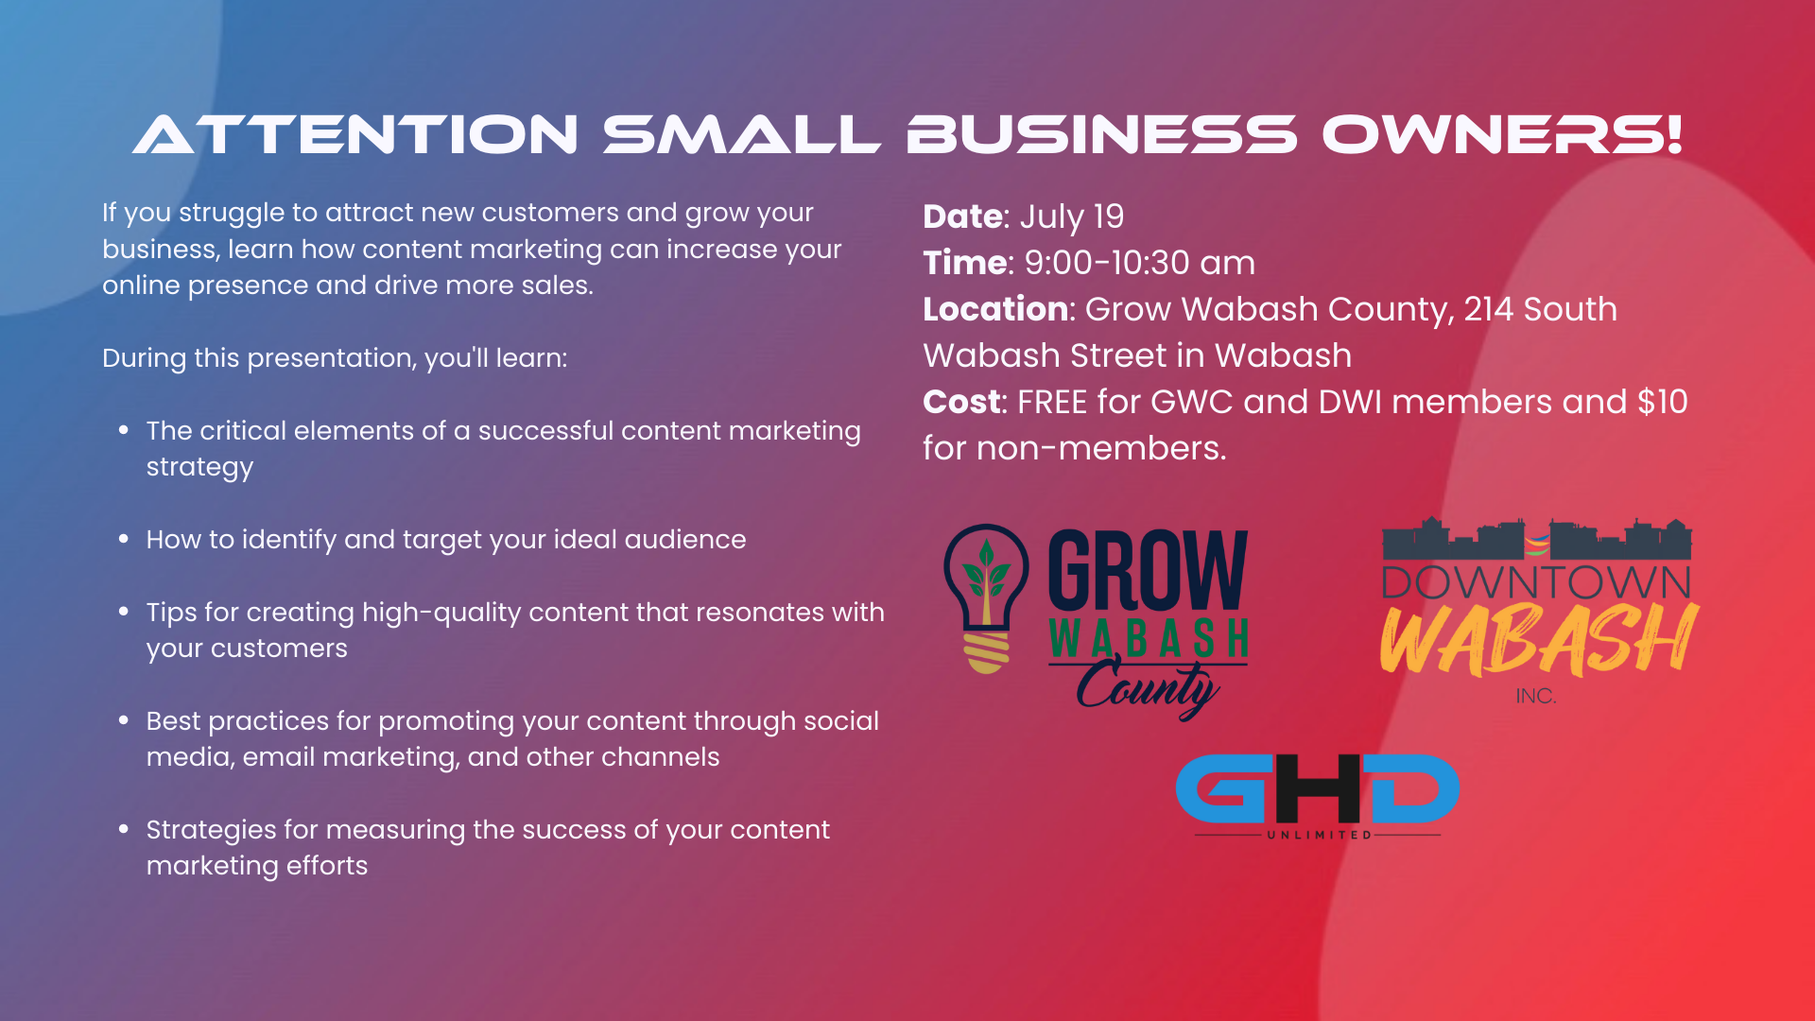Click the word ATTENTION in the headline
pyautogui.click(x=355, y=134)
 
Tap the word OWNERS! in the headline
pyautogui.click(x=1502, y=134)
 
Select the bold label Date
pyautogui.click(x=962, y=216)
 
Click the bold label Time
pyautogui.click(x=965, y=263)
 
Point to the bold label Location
pyautogui.click(x=995, y=309)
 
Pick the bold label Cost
pyautogui.click(x=961, y=402)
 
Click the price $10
pyautogui.click(x=1663, y=402)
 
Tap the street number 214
pyautogui.click(x=1488, y=309)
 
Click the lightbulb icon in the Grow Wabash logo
pyautogui.click(x=986, y=598)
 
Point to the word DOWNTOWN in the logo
pyautogui.click(x=1536, y=582)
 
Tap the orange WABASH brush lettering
pyautogui.click(x=1538, y=640)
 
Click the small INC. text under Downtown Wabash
pyautogui.click(x=1536, y=696)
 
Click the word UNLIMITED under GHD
pyautogui.click(x=1319, y=835)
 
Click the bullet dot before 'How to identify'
pyautogui.click(x=124, y=539)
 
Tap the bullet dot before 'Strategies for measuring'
pyautogui.click(x=124, y=829)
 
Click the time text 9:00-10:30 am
pyautogui.click(x=1140, y=263)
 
